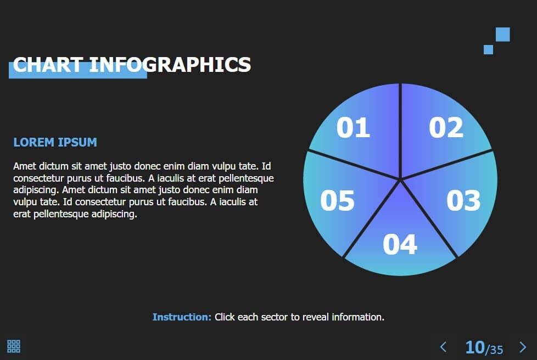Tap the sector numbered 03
coord(459,202)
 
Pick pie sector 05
coord(343,202)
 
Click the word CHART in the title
coord(48,65)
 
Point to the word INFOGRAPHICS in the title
coord(170,65)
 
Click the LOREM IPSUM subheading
coord(55,142)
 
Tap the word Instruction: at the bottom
coord(182,317)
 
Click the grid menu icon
coord(14,346)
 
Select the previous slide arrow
coord(443,347)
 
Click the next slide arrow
coord(523,347)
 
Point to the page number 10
coord(475,347)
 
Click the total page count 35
coord(496,350)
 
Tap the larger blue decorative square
coord(503,34)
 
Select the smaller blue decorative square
coord(488,49)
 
